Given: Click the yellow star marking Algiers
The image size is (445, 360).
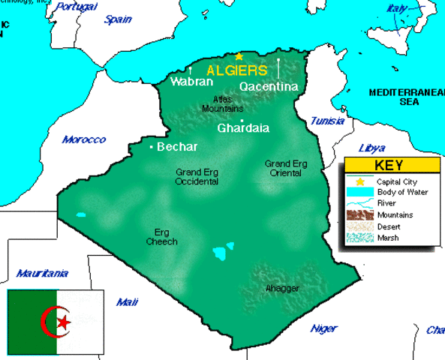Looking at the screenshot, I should point(239,56).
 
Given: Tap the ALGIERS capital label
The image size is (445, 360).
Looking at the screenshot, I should point(236,70).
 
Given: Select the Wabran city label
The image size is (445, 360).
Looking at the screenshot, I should point(192,81).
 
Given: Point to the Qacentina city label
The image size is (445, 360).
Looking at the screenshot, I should point(269,87).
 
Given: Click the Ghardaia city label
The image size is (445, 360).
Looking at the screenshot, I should point(243,128).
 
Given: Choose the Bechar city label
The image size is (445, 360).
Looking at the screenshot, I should point(177,146).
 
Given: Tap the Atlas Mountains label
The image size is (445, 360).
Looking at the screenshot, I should point(223,103).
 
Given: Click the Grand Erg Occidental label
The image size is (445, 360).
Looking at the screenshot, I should point(197,176).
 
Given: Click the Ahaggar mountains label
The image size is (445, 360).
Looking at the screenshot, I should point(282,289).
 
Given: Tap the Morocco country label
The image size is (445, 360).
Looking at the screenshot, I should point(84,139).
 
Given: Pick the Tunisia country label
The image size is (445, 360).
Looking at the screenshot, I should point(327,121).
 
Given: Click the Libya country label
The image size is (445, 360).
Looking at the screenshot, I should point(372,148).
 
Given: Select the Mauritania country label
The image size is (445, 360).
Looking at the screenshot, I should point(42,273).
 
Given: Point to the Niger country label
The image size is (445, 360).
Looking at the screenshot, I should point(324,328).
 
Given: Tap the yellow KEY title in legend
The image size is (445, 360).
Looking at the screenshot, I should point(392,166).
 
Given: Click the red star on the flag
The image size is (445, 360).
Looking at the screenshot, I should point(64,322).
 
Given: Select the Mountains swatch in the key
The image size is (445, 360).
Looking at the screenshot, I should point(359,215).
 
